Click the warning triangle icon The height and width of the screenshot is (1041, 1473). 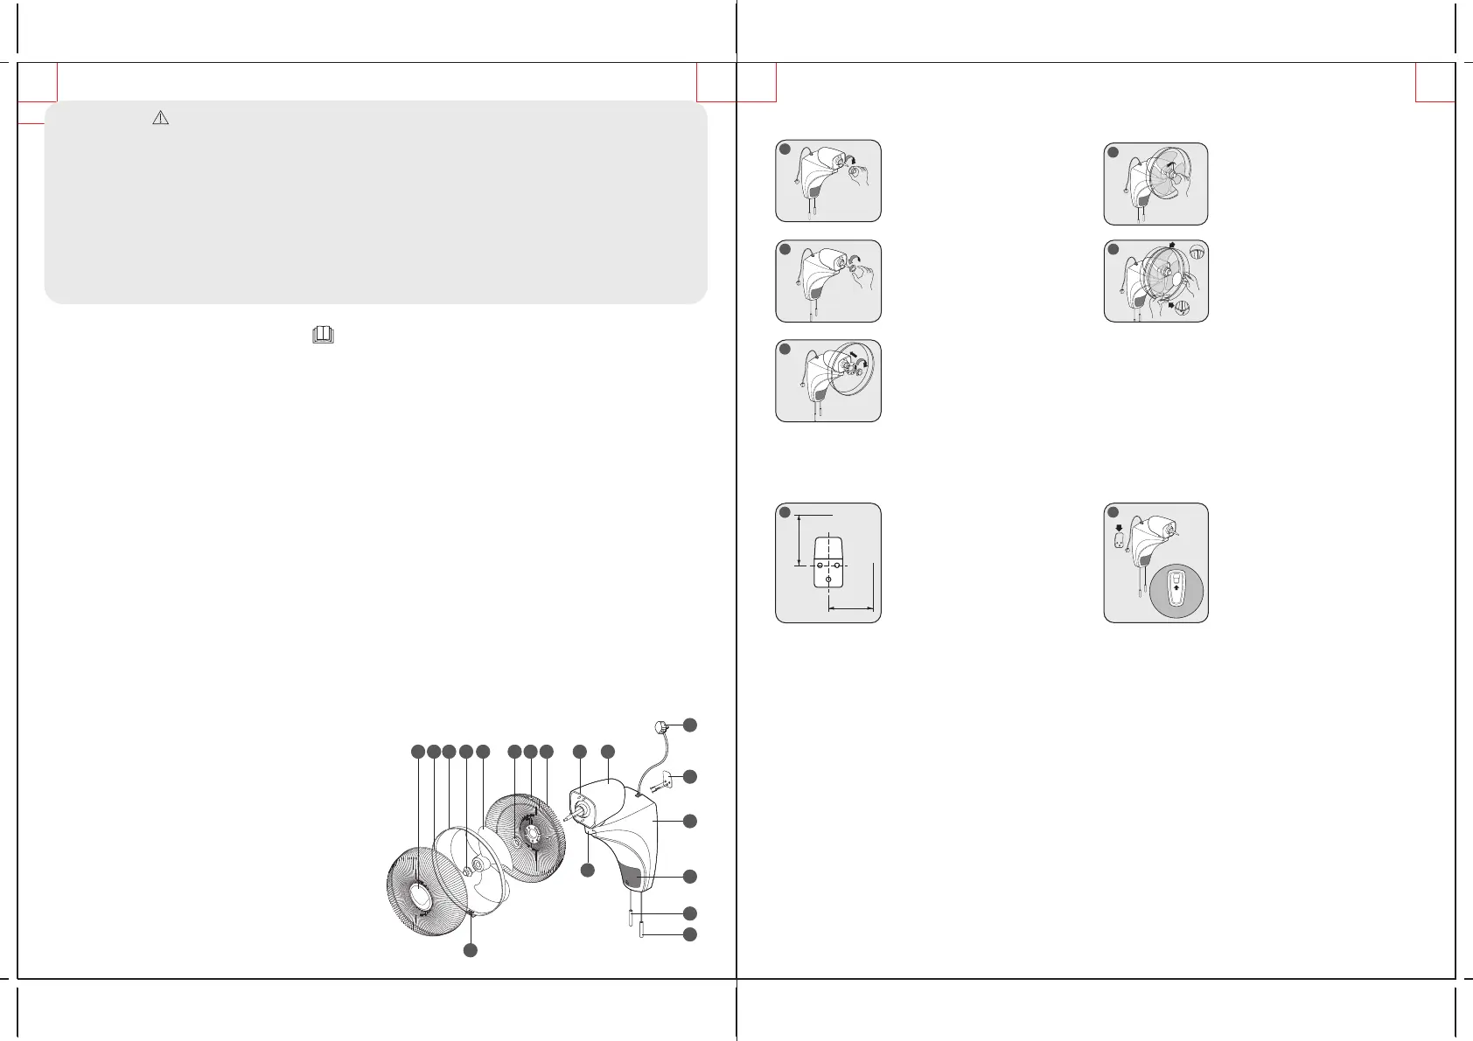160,118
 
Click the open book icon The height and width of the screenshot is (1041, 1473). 323,334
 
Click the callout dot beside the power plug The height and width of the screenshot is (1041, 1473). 690,724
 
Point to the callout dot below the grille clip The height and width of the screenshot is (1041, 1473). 470,951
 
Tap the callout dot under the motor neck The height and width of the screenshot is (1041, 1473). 588,870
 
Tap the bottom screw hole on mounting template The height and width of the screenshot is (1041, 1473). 827,580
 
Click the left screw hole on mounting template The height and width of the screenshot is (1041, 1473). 819,566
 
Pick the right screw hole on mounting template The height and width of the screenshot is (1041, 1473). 837,566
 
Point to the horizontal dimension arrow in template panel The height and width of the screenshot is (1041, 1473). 851,607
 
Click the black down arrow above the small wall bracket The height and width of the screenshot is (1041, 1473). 1120,527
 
